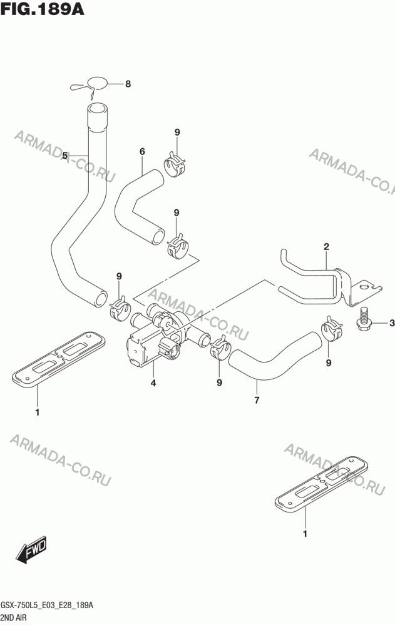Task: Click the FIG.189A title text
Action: pyautogui.click(x=43, y=9)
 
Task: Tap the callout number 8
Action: pyautogui.click(x=128, y=84)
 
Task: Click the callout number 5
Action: pyautogui.click(x=64, y=155)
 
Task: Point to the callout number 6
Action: pyautogui.click(x=142, y=151)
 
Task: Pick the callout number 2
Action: pyautogui.click(x=326, y=247)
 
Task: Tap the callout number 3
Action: pyautogui.click(x=391, y=323)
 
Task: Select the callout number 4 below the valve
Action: pyautogui.click(x=153, y=384)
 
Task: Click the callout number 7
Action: pyautogui.click(x=257, y=400)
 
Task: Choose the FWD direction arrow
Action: pyautogui.click(x=31, y=550)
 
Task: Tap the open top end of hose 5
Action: pyautogui.click(x=98, y=109)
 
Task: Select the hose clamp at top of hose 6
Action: pyautogui.click(x=175, y=164)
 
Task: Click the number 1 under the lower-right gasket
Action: pyautogui.click(x=305, y=534)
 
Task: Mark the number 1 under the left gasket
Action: pyautogui.click(x=37, y=412)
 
